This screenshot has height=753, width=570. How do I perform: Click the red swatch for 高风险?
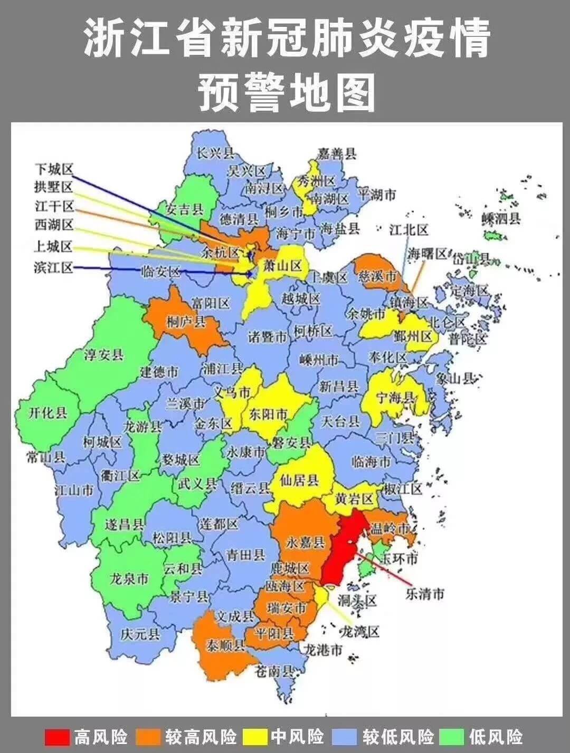click(57, 736)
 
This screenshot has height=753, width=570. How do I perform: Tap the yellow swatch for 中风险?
click(258, 736)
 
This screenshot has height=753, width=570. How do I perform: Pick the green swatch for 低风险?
click(452, 736)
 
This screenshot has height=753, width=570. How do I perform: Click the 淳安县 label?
click(103, 354)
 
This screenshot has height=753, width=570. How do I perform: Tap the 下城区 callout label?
click(53, 169)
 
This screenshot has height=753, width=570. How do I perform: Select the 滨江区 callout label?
click(53, 267)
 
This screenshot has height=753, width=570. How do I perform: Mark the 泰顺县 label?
click(225, 645)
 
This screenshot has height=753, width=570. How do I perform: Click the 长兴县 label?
click(215, 153)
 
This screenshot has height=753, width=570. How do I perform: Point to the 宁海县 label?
click(395, 399)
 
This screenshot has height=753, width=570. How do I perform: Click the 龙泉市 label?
click(129, 579)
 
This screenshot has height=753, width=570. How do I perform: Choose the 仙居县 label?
click(299, 480)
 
